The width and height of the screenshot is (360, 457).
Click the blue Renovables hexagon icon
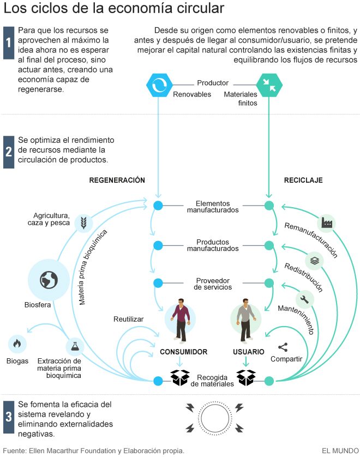coord(159,84)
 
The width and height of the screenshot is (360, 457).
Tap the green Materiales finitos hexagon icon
coord(269,84)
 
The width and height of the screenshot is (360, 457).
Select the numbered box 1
coord(8,43)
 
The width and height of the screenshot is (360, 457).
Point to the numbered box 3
coord(8,417)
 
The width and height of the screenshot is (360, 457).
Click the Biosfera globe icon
coord(49,280)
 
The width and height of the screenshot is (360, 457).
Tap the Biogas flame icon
coord(17,344)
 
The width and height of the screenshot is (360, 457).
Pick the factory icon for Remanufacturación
coord(326,223)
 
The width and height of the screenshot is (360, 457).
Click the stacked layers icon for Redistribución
coord(315,260)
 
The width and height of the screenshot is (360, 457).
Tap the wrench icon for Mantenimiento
coord(304,299)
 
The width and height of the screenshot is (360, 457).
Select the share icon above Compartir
coord(283,347)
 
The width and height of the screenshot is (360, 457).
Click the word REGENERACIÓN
coord(117,180)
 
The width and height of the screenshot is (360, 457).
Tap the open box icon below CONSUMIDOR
coord(180,377)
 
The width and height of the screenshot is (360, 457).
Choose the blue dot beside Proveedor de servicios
coord(158,283)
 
